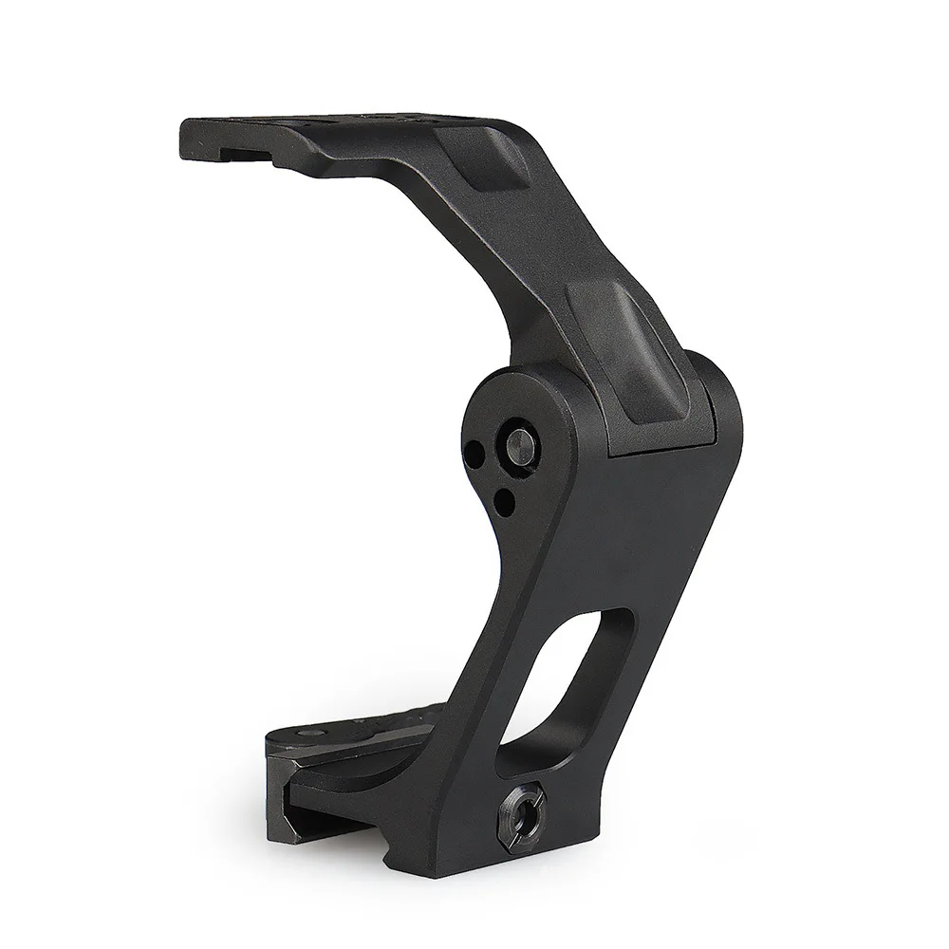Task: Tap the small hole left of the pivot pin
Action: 474,451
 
